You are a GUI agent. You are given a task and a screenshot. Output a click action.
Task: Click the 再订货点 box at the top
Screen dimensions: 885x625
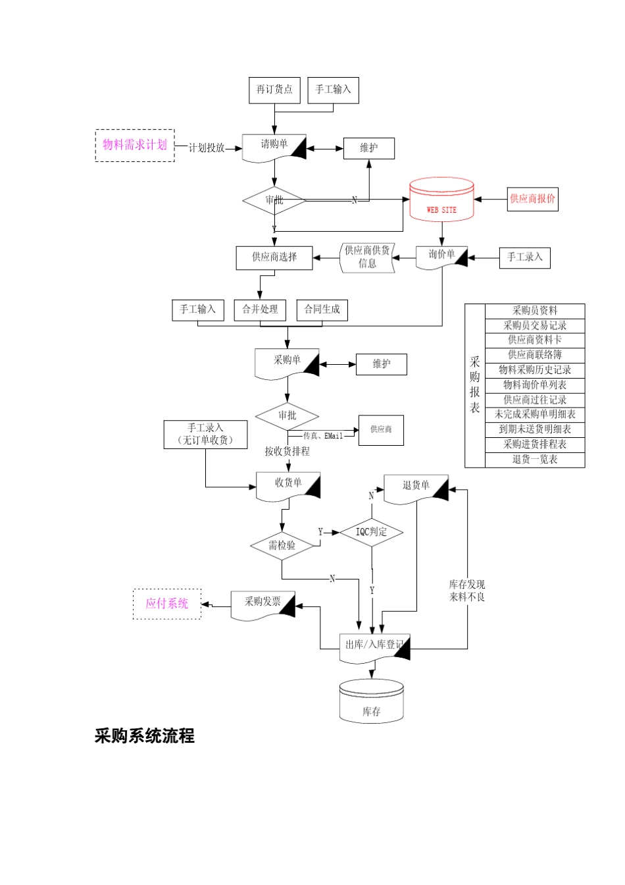[x=274, y=90]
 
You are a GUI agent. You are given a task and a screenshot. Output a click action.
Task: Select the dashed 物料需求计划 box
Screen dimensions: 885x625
[x=135, y=145]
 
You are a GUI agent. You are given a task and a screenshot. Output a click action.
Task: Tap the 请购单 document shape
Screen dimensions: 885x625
[x=274, y=147]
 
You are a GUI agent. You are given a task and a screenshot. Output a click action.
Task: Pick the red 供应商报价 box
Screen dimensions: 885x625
[x=532, y=198]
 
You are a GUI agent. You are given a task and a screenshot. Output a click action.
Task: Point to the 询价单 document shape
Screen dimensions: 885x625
[x=441, y=256]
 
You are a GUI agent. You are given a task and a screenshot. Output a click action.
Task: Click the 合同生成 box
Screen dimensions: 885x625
[x=322, y=309]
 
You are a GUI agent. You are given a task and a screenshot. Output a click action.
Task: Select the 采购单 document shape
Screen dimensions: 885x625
[x=287, y=363]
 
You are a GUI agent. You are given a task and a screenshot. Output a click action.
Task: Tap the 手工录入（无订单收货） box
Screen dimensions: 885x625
[x=205, y=435]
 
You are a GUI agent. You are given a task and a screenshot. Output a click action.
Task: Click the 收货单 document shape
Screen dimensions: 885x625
[x=288, y=485]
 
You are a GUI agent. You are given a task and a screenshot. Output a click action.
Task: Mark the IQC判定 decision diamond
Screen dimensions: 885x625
[x=371, y=532]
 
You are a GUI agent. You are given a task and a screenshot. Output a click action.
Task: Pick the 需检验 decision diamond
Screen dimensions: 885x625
[x=282, y=545]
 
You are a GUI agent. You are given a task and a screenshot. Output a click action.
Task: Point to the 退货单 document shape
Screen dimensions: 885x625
[x=416, y=489]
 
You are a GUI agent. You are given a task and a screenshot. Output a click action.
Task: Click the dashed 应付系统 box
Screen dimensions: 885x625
[x=167, y=604]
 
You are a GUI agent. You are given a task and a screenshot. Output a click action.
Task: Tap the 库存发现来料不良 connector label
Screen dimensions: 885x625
[x=467, y=591]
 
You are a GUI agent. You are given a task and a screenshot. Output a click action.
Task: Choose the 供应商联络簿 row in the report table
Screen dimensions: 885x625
[x=534, y=355]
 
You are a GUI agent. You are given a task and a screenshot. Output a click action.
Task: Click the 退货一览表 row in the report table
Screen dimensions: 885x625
[x=534, y=460]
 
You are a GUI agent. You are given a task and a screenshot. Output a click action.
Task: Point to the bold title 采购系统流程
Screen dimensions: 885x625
[x=145, y=736]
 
